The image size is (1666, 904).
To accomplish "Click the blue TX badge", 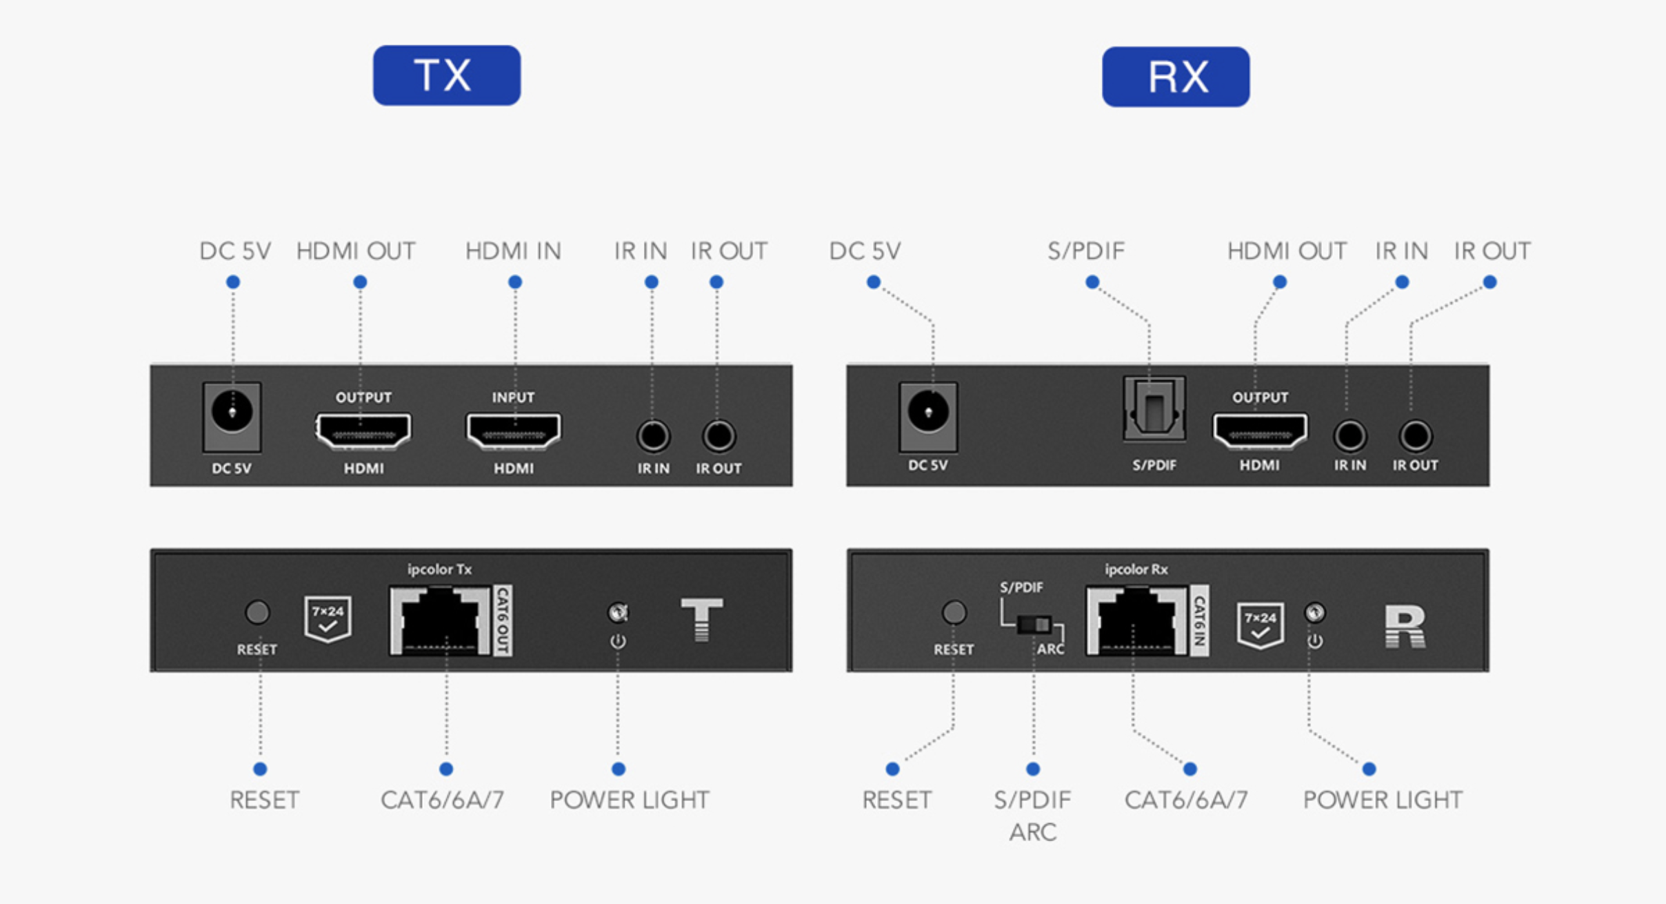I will pos(447,75).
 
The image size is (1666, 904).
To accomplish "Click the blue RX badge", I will pos(1176,77).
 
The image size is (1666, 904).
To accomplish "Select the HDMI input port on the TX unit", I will pos(514,432).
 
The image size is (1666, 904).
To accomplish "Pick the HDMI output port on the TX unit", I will pos(363,432).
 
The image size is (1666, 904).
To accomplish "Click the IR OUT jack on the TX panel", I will pos(719,436).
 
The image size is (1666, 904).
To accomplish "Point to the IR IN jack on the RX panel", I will pos(1349,436).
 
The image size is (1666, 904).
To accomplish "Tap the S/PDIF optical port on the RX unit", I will pos(1154,409).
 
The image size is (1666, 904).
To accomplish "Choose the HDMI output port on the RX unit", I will pos(1260,432).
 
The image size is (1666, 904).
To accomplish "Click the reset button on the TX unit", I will pos(257,612).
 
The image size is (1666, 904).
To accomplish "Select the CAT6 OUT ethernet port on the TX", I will pos(441,620).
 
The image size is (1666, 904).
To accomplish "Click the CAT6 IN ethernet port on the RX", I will pos(1137,620).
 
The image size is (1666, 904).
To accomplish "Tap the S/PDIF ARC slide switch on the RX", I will pos(1034,625).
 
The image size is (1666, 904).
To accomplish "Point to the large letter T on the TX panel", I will pos(701,619).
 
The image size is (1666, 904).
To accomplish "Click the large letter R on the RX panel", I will pos(1405,627).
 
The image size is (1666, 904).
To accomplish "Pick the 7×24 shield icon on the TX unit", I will pos(328,618).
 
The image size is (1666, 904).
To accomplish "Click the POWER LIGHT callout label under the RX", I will pos(1383,800).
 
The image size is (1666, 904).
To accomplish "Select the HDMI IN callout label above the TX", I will pos(514,251).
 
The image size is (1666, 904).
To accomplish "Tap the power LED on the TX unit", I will pos(617,612).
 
